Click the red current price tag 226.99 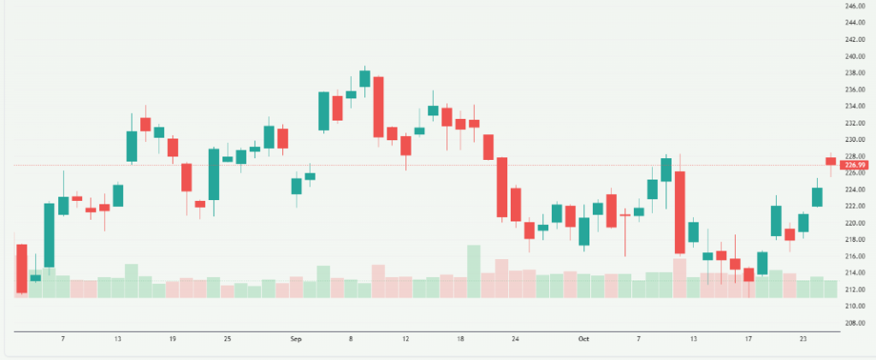[x=854, y=164]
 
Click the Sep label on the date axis [x=296, y=339]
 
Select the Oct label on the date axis [x=583, y=339]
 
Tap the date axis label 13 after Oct [x=693, y=339]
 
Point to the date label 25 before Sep [x=227, y=339]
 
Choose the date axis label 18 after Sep [x=460, y=339]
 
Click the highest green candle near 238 [x=364, y=79]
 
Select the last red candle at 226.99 [x=831, y=161]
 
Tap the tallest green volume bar [x=474, y=271]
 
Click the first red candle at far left [x=21, y=269]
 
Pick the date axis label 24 [x=515, y=339]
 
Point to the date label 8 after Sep [x=351, y=339]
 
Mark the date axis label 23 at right [x=802, y=339]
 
